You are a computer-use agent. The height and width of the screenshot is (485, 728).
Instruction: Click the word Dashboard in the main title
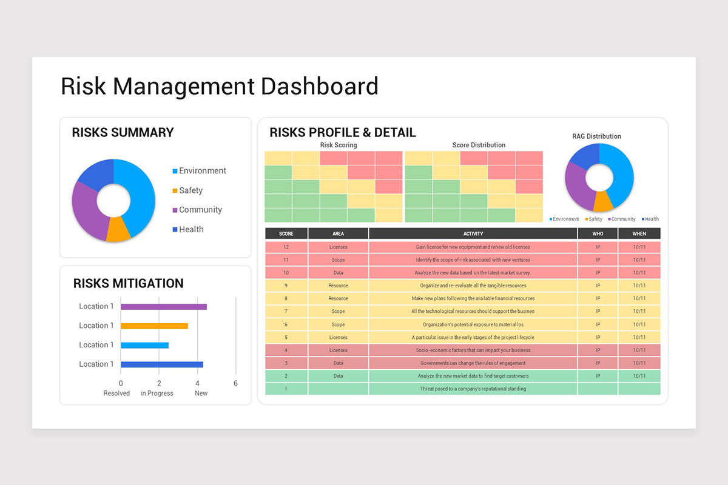319,86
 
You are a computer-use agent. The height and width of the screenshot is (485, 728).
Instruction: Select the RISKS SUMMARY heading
123,133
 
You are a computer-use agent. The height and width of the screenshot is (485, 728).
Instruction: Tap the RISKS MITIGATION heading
128,283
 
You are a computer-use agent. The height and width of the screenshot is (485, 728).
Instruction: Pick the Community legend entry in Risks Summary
200,210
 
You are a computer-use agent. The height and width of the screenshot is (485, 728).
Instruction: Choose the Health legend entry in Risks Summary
191,229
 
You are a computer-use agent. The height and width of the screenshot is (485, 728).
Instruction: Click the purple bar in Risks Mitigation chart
164,307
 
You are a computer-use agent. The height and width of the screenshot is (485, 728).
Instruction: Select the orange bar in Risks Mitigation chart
154,326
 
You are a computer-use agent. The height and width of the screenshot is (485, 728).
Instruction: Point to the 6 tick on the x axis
235,383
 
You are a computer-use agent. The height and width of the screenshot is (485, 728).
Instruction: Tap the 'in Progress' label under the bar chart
157,393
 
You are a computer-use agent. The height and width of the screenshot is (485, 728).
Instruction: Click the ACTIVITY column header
473,233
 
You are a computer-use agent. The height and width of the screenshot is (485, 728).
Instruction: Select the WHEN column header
639,233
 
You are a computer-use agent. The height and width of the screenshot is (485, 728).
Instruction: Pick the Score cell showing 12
286,247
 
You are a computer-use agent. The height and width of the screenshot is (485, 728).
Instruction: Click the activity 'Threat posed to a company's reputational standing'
473,389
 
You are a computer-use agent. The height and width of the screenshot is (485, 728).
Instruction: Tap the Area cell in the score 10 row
338,273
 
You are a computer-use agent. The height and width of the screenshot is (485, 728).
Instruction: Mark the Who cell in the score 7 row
598,312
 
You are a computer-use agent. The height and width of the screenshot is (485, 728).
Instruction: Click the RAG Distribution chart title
596,136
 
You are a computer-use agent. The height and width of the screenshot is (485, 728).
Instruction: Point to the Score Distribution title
479,145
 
